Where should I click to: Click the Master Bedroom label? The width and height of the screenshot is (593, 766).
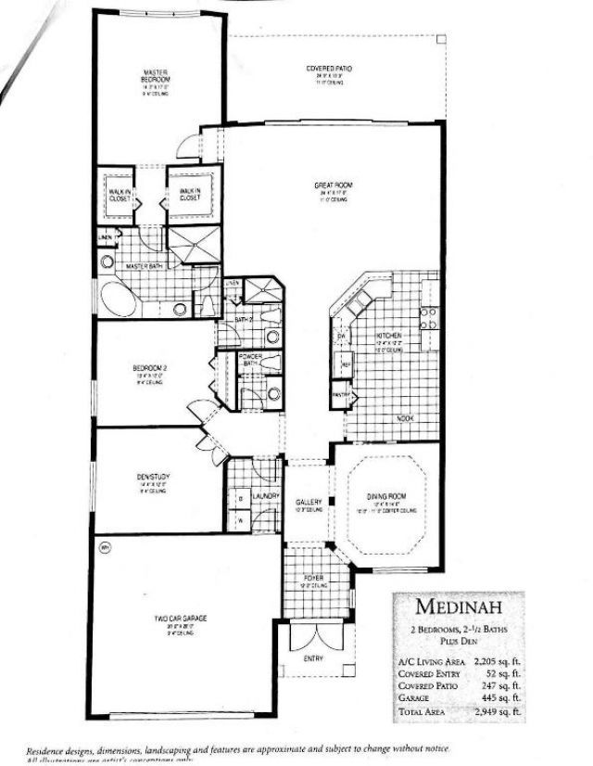(155, 76)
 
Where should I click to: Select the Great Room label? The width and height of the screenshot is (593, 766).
(329, 185)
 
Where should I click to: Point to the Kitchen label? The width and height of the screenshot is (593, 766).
(387, 336)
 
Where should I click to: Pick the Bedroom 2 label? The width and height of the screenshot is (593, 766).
(149, 367)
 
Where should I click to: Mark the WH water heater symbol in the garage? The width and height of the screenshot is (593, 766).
(104, 546)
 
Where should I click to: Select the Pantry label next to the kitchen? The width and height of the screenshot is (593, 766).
(339, 394)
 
